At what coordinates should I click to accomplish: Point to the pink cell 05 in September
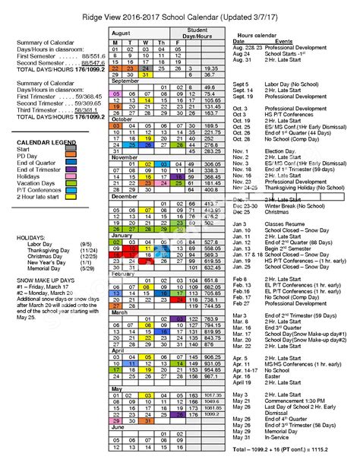(116, 94)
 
